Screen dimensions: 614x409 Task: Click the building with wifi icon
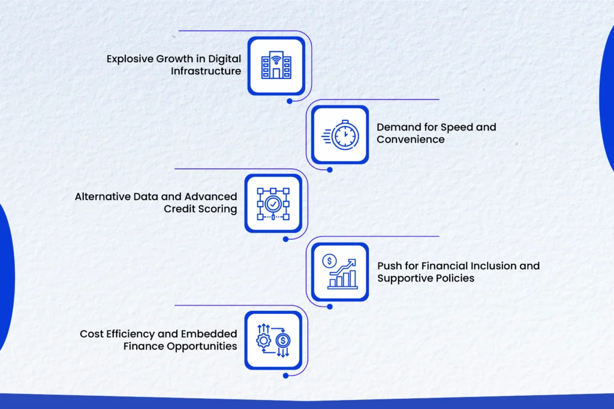point(276,65)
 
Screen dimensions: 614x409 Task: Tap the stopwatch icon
point(341,135)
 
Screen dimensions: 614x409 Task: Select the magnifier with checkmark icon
point(273,204)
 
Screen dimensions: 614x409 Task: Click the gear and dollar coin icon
point(273,341)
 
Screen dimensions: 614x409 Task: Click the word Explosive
point(130,59)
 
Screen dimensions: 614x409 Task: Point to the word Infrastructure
point(206,71)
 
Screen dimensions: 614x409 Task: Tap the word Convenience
point(410,140)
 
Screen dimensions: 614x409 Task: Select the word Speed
point(447,128)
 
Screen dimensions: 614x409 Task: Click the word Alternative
point(103,196)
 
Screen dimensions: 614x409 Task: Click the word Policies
point(456,278)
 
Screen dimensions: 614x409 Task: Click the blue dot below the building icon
point(290,101)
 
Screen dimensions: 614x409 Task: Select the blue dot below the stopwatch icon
point(330,169)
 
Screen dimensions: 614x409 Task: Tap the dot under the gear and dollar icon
point(286,375)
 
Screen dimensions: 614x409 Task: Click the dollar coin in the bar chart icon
point(329,260)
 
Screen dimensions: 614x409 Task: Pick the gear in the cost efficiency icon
point(264,341)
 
